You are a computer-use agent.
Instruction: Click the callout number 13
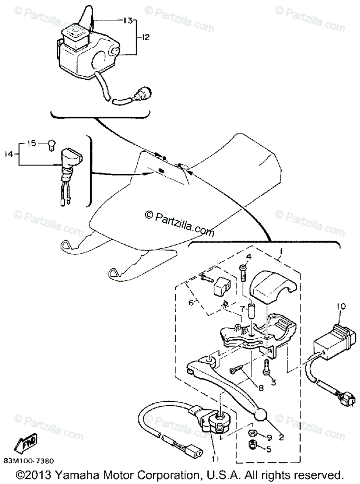tap(128, 20)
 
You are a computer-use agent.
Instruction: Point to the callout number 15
tap(32, 143)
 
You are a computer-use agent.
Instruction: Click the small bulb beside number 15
tap(51, 144)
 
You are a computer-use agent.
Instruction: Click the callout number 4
tap(249, 257)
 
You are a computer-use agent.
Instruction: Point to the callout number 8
tap(261, 388)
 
